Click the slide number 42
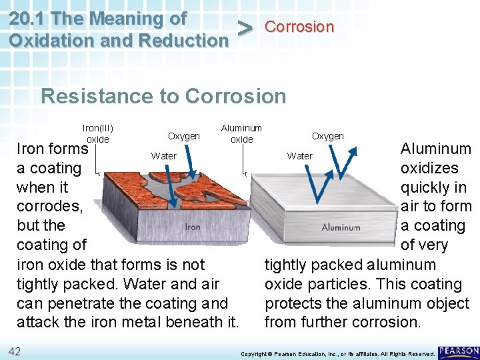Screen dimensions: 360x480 [15, 351]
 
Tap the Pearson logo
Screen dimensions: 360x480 [459, 351]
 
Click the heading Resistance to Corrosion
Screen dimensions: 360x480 [163, 96]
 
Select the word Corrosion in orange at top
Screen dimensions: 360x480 [299, 27]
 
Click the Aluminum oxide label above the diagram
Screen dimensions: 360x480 [241, 133]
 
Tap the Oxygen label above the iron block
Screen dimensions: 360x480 [184, 136]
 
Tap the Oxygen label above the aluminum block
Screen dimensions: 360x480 [328, 136]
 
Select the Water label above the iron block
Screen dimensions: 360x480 [164, 156]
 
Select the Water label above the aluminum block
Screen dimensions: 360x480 [299, 156]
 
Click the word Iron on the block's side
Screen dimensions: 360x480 [193, 227]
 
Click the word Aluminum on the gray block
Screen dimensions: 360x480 [341, 227]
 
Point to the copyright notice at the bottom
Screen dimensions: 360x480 [337, 353]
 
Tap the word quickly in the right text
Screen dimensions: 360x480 [425, 187]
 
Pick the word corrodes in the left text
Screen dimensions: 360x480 [49, 207]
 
